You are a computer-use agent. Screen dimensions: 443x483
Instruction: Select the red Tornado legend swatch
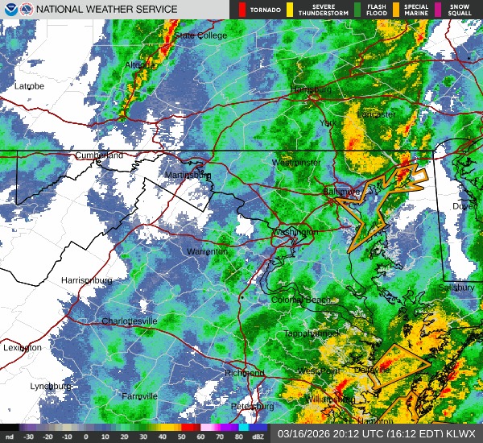point(242,9)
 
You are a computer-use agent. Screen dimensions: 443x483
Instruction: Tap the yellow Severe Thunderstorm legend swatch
point(288,9)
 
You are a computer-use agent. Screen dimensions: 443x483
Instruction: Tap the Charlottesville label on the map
point(130,321)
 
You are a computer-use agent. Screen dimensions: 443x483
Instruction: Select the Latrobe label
point(28,86)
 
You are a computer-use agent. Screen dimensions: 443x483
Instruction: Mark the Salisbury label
point(459,287)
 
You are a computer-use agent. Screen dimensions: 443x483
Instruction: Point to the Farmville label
point(139,396)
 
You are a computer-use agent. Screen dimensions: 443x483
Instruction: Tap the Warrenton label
point(207,252)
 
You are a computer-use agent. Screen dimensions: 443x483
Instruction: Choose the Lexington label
point(22,348)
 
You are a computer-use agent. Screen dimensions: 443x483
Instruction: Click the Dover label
point(464,206)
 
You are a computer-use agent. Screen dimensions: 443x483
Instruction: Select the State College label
point(200,35)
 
